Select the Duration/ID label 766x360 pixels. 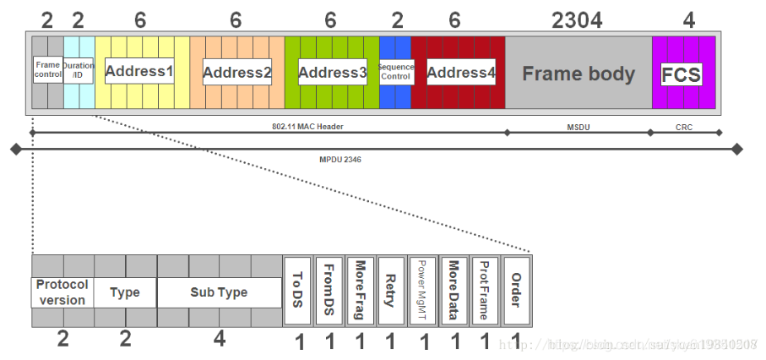coord(79,70)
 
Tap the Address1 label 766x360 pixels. coord(139,71)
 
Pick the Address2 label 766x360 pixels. coord(236,73)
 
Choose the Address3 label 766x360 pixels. coord(332,73)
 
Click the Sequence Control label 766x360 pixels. coord(395,71)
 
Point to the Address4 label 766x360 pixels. coord(460,73)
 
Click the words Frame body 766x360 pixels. coord(578,74)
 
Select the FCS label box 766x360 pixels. coord(681,74)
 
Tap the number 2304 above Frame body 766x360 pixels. coord(577,20)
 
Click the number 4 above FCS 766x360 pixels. coord(687,20)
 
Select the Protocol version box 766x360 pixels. coord(62,292)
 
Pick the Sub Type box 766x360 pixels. coord(219,292)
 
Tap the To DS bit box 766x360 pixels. coord(296,292)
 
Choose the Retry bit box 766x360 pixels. coord(390,292)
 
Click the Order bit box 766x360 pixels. coord(516,292)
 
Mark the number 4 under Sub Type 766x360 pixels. coord(219,340)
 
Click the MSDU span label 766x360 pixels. coord(579,127)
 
